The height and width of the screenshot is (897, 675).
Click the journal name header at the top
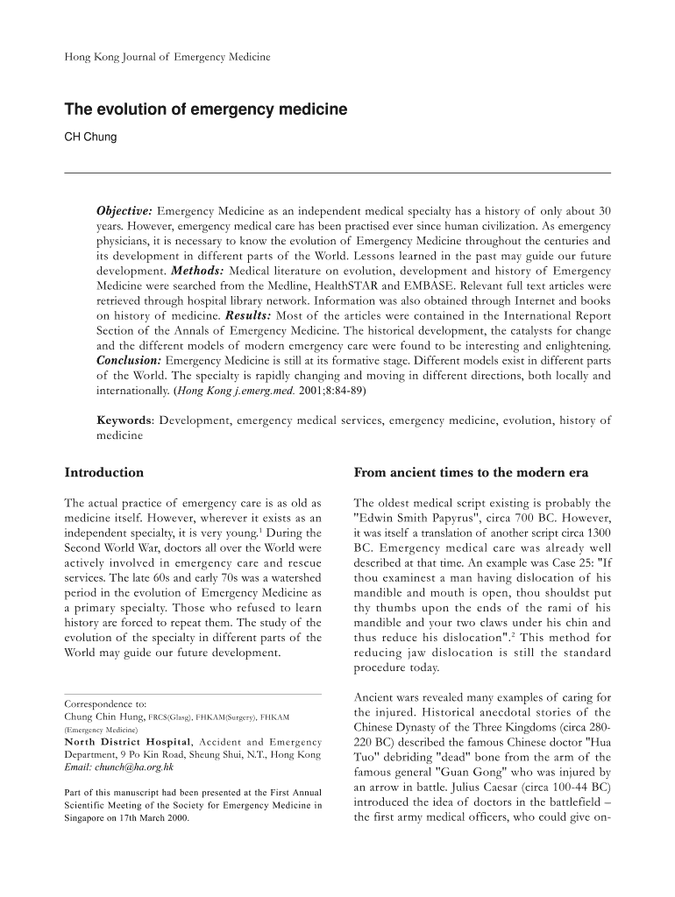pyautogui.click(x=167, y=58)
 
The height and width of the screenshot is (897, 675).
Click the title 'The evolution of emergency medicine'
pyautogui.click(x=206, y=110)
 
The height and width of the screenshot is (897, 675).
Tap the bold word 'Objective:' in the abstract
pyautogui.click(x=124, y=211)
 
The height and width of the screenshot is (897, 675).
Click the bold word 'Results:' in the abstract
pyautogui.click(x=248, y=314)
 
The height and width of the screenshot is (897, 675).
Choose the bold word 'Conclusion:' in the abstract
pyautogui.click(x=128, y=360)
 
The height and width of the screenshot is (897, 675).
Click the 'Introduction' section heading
pyautogui.click(x=104, y=473)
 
